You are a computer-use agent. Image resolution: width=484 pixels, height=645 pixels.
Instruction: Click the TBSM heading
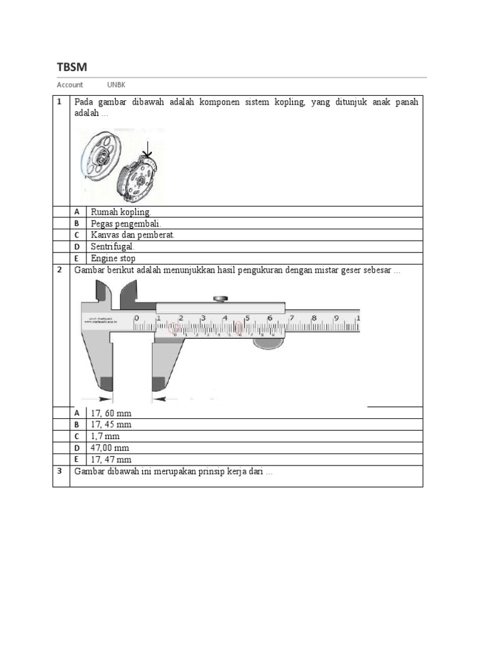(x=72, y=67)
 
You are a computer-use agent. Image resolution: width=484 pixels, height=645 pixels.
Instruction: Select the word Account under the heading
(x=70, y=85)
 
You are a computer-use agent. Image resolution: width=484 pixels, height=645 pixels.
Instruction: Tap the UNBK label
(x=117, y=85)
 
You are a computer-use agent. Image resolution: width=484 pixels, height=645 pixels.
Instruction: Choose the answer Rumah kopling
(x=121, y=212)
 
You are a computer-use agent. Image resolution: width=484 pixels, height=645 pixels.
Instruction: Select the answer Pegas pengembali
(x=126, y=224)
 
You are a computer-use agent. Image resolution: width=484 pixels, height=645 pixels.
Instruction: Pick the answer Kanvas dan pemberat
(x=132, y=235)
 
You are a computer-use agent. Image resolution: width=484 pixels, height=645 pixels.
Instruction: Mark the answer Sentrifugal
(x=113, y=247)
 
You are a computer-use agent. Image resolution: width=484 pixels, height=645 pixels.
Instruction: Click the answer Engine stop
(x=113, y=258)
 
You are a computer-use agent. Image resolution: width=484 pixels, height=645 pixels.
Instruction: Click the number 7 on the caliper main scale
(x=291, y=318)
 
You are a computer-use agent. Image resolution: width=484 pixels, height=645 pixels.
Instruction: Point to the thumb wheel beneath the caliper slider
(x=268, y=344)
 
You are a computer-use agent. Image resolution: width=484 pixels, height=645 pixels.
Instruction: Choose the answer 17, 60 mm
(x=111, y=413)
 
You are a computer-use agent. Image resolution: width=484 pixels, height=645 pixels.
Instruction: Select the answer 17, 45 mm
(x=111, y=425)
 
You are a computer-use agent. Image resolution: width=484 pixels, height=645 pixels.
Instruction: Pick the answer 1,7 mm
(x=105, y=436)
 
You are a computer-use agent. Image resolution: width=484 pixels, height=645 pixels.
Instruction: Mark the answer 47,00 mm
(x=110, y=448)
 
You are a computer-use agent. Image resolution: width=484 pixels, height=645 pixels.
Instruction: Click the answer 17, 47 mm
(x=111, y=459)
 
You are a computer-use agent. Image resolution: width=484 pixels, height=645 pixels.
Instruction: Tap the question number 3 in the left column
(x=59, y=472)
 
